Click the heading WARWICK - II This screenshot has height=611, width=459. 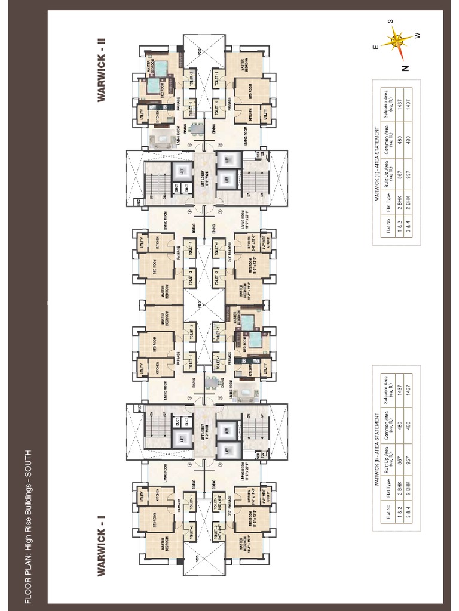pos(102,70)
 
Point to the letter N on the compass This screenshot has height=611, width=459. pos(406,67)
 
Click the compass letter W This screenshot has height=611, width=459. pos(418,35)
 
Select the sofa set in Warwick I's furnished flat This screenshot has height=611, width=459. pos(244,394)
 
